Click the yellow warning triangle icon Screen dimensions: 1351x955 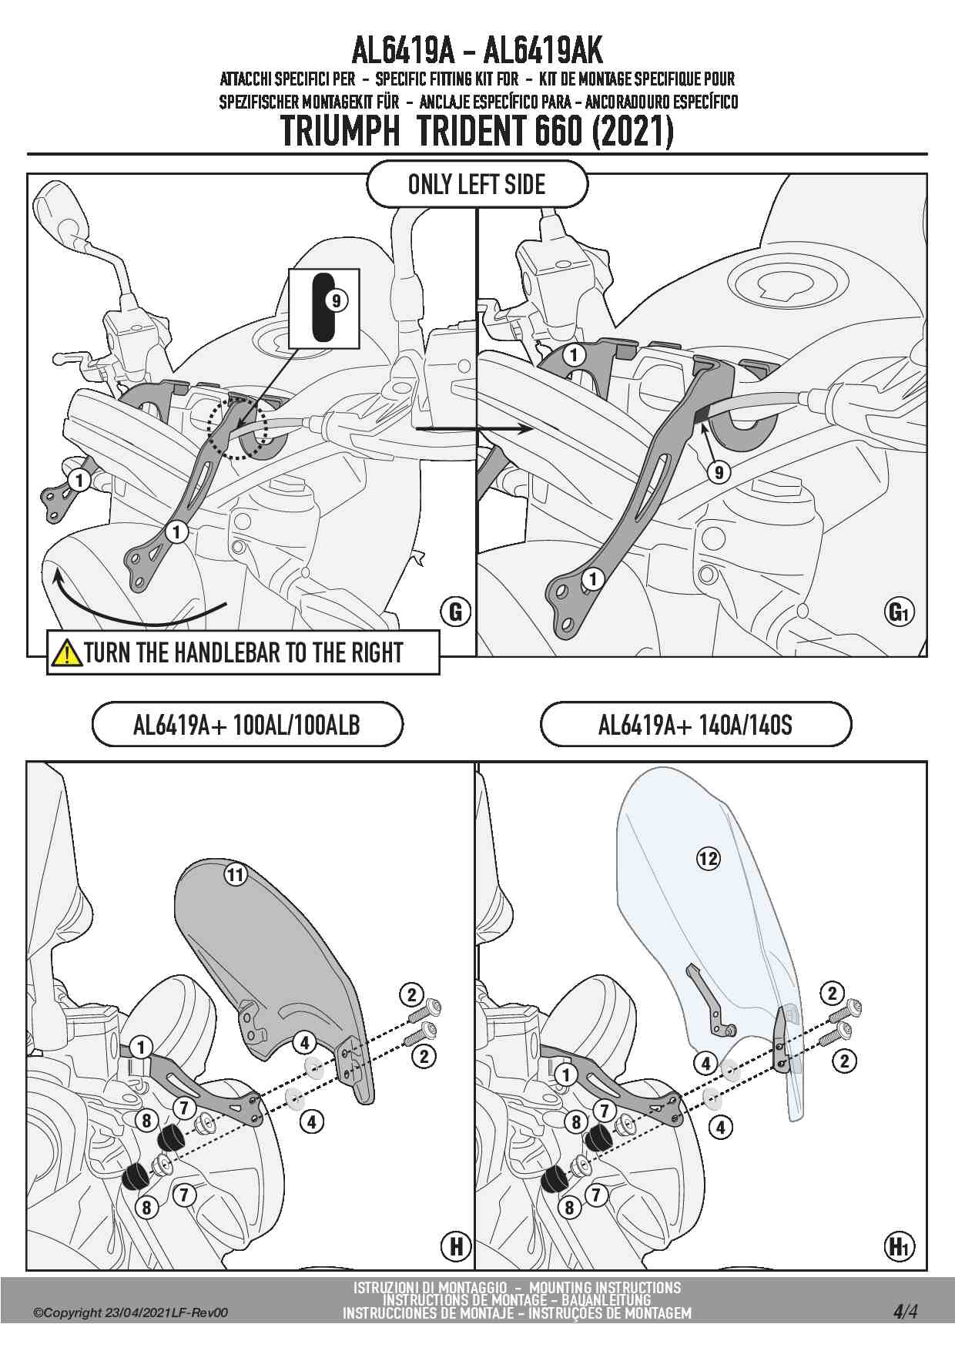pos(67,652)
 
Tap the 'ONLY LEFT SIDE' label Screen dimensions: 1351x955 pos(477,185)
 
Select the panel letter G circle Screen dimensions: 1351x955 pos(455,612)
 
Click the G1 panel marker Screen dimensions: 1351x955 pos(899,612)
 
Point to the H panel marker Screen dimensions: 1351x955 pos(456,1245)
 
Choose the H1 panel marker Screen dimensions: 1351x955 pos(899,1245)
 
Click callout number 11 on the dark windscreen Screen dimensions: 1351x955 pos(235,874)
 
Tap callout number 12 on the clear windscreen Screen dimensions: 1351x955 pos(708,858)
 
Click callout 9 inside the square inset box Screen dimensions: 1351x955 pos(336,300)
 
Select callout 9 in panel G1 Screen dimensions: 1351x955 pos(719,471)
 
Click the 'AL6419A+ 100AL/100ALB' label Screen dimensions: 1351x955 pos(246,725)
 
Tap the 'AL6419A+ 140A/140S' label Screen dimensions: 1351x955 pos(695,725)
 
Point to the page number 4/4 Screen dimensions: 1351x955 pos(906,1311)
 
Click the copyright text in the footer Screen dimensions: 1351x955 pos(130,1313)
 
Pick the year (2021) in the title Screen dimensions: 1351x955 pos(632,132)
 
